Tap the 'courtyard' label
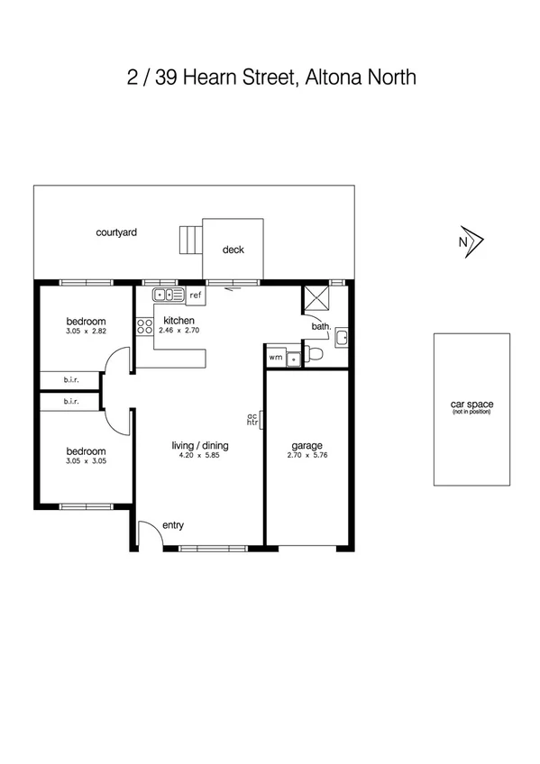pos(116,232)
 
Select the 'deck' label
pos(233,250)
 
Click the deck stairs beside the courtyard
pos(189,241)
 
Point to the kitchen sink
pos(169,294)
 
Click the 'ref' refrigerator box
pos(195,295)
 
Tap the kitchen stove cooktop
pos(144,327)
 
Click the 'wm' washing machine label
pos(275,358)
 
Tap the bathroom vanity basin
pos(342,338)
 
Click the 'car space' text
pos(471,405)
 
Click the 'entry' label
pos(173,525)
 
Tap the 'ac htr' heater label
pos(253,419)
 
